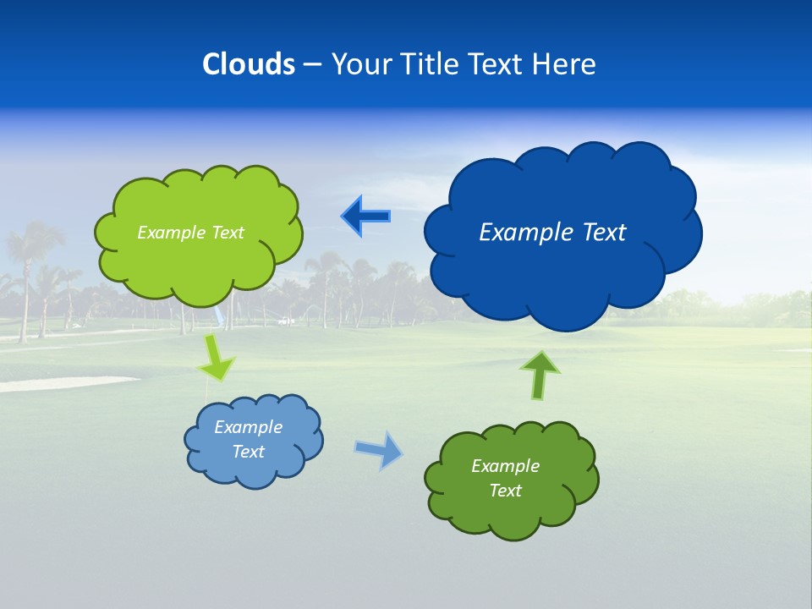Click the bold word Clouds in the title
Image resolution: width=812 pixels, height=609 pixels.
coord(249,63)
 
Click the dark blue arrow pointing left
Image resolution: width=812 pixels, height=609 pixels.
coord(365,217)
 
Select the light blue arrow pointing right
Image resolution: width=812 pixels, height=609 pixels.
coord(379,449)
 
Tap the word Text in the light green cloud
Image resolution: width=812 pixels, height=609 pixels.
coord(228,233)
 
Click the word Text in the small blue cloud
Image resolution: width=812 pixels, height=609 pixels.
coord(248,452)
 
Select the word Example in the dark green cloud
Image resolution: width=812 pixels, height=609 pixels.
coord(505,466)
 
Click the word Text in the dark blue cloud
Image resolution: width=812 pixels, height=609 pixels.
coord(602,233)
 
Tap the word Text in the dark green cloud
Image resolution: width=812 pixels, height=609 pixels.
coord(505,491)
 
